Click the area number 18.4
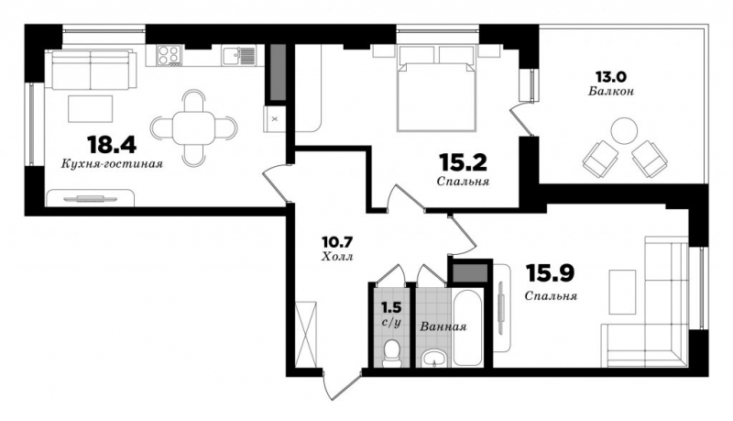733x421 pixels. (x=111, y=144)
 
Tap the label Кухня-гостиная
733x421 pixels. (x=112, y=164)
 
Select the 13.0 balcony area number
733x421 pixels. (x=610, y=76)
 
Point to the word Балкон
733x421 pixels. (x=611, y=91)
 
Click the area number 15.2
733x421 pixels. (x=463, y=162)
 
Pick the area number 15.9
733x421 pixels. (x=550, y=273)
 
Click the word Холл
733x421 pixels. (x=337, y=257)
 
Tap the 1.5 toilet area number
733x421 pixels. (x=391, y=308)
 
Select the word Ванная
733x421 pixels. (x=443, y=327)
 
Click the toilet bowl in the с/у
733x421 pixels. (x=391, y=354)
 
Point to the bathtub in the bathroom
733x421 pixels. (x=467, y=328)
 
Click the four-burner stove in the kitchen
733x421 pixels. (x=170, y=54)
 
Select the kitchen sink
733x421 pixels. (x=239, y=56)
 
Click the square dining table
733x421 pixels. (x=193, y=127)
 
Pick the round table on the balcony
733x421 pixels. (x=624, y=130)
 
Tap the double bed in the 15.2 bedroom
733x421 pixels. (x=436, y=88)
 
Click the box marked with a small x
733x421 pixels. (x=275, y=119)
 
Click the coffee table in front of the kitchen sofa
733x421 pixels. (x=90, y=108)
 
